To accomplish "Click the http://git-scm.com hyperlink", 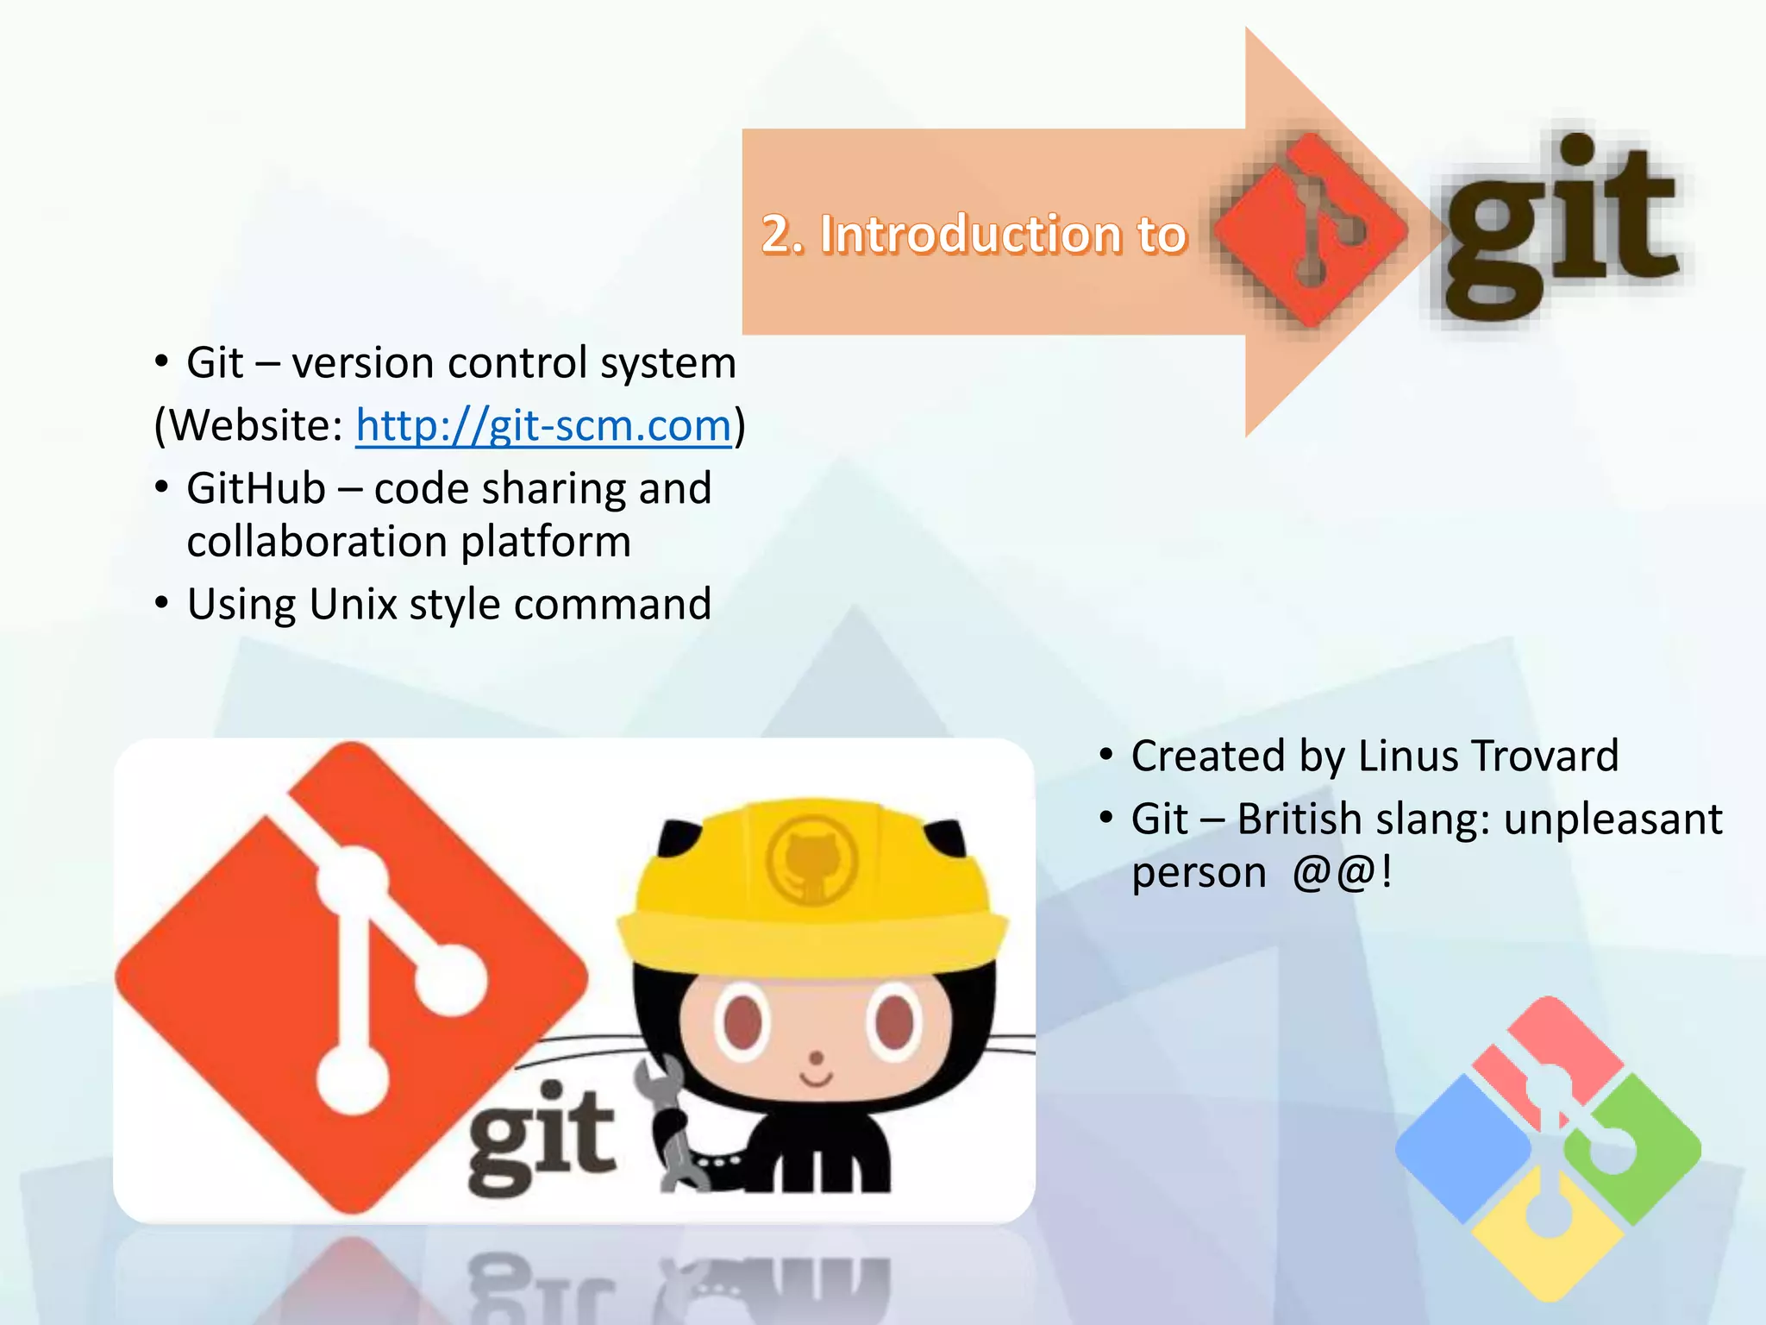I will click(543, 425).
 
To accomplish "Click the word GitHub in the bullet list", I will click(256, 489).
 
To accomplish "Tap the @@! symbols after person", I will click(1342, 872).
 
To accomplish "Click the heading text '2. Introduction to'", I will click(974, 234).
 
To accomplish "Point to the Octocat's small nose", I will click(816, 1058).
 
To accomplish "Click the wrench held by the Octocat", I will click(669, 1121).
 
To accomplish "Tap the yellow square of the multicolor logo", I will click(1548, 1242).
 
